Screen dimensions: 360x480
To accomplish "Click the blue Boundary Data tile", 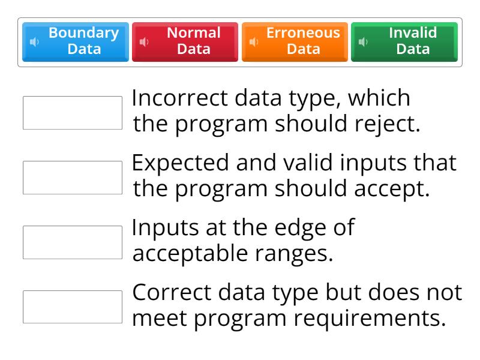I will (x=76, y=41).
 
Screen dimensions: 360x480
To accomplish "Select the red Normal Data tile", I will (x=185, y=41).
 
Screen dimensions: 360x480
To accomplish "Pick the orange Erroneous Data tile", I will (x=295, y=41).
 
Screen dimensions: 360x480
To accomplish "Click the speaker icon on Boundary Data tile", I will (x=34, y=42).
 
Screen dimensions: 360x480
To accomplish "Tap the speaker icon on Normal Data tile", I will (x=143, y=42).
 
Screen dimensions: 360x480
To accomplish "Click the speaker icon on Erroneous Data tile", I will (x=253, y=42).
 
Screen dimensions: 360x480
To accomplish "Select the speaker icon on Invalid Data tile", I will (x=362, y=42).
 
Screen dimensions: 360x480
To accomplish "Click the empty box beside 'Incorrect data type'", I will (x=73, y=113).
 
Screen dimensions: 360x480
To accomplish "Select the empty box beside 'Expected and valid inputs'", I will (x=73, y=178).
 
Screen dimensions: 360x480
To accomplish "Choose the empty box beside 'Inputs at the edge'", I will (x=73, y=242).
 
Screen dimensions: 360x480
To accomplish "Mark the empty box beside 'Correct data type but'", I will (x=73, y=307).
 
